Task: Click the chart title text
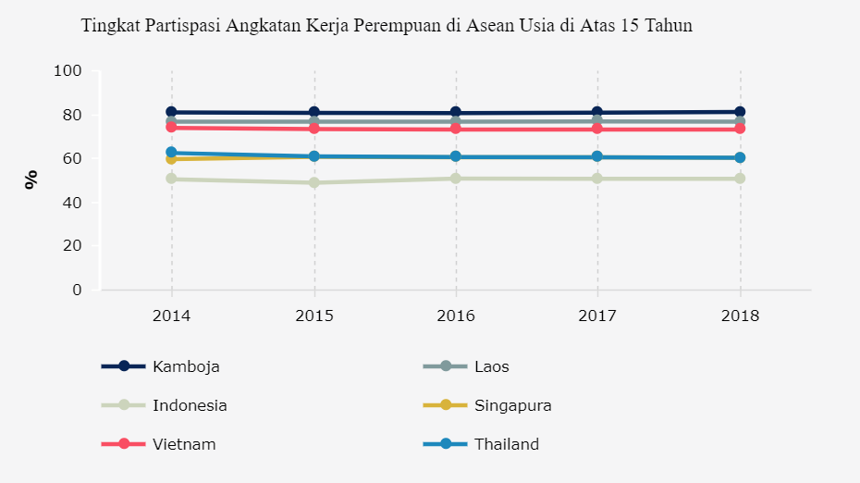[387, 26]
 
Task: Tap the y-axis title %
[31, 180]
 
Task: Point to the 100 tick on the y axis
[68, 71]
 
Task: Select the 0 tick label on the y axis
[77, 291]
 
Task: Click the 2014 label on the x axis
[171, 316]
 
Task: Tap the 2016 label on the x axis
[456, 316]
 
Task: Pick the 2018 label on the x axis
[741, 316]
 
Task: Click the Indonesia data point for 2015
[313, 182]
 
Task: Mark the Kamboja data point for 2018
[741, 112]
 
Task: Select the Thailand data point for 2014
[171, 153]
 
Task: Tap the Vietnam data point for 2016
[456, 129]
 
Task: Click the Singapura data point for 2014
[171, 159]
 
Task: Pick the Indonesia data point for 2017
[598, 179]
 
